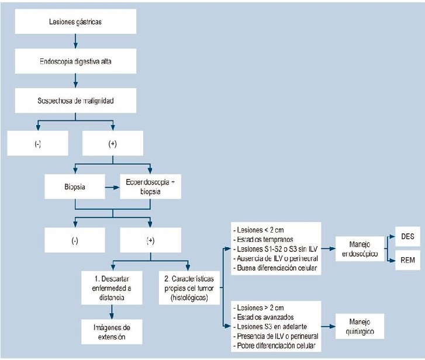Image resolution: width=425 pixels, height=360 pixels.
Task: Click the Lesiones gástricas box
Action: pyautogui.click(x=76, y=22)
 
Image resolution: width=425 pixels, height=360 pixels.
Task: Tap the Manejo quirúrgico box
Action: pyautogui.click(x=360, y=327)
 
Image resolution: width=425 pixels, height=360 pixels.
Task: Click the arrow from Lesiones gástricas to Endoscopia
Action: pyautogui.click(x=76, y=41)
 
